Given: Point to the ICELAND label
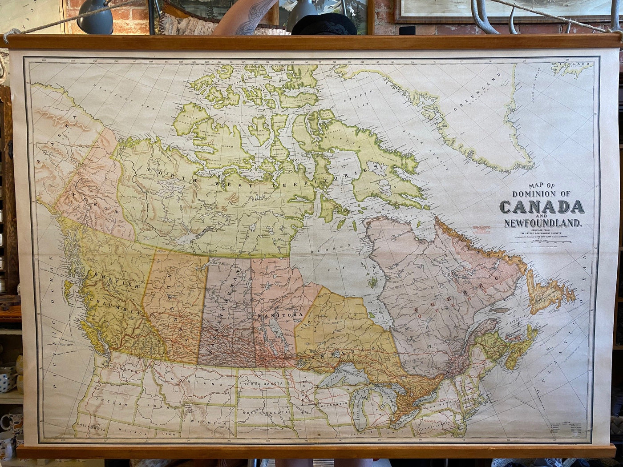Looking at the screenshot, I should [577, 64].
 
